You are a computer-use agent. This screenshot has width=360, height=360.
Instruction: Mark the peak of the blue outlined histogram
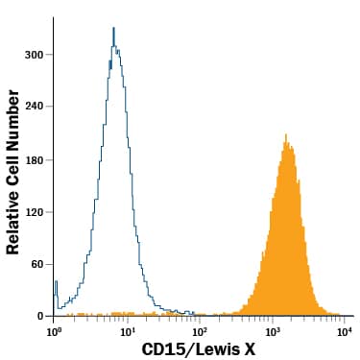(113, 29)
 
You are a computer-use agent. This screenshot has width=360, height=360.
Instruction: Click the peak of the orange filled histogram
(286, 135)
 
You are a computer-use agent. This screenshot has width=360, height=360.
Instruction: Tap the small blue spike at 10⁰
(57, 282)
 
